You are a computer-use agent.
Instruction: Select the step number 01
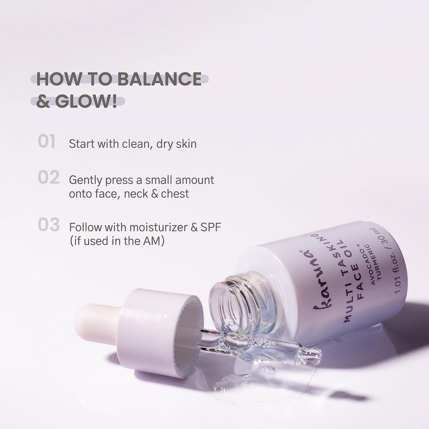(47, 142)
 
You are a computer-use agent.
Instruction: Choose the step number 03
(49, 225)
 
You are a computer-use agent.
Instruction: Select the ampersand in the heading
(43, 102)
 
